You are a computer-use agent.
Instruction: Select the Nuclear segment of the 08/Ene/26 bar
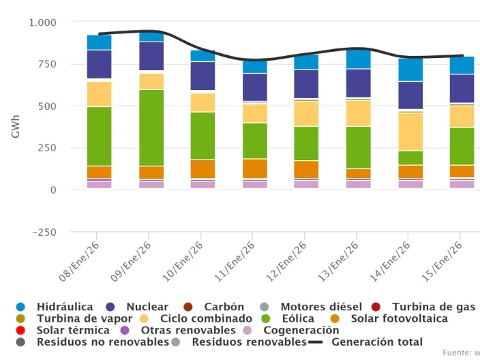point(99,64)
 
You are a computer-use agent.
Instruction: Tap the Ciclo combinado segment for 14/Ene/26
point(410,132)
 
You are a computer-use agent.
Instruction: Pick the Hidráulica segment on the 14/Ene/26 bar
point(410,70)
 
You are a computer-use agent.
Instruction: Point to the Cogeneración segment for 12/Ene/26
point(306,184)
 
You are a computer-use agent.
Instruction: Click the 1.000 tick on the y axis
point(43,22)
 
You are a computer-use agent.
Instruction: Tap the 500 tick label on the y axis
point(47,106)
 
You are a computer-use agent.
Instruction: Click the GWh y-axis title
point(16,127)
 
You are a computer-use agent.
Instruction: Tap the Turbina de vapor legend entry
point(67,319)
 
